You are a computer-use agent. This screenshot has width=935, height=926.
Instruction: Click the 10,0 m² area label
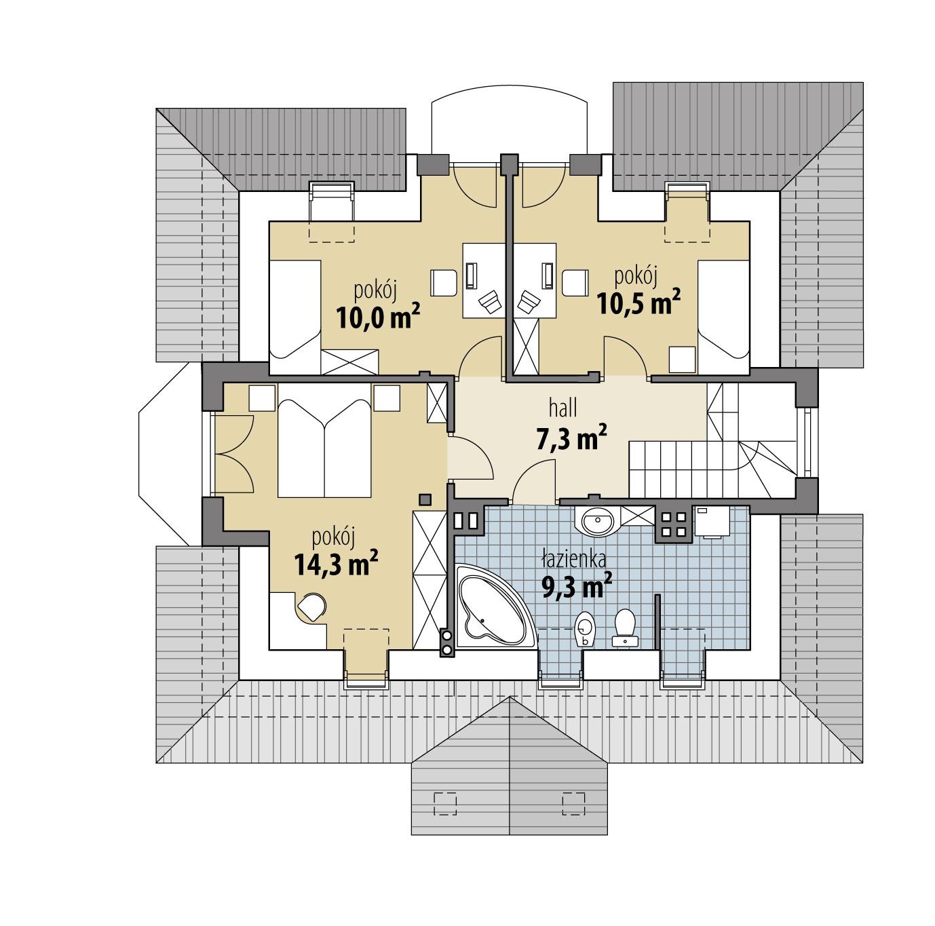click(x=377, y=316)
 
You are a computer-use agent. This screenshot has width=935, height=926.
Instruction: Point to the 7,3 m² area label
click(x=571, y=438)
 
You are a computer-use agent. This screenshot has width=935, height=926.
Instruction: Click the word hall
click(x=563, y=408)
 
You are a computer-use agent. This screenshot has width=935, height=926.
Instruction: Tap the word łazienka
click(x=573, y=560)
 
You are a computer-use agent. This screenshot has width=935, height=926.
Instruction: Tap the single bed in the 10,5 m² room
click(x=723, y=309)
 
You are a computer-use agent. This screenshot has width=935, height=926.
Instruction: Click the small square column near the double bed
click(x=425, y=499)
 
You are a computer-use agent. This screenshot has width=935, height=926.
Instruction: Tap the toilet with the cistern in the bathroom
click(x=624, y=626)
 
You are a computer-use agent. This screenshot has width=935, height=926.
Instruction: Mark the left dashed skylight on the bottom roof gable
click(x=445, y=803)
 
